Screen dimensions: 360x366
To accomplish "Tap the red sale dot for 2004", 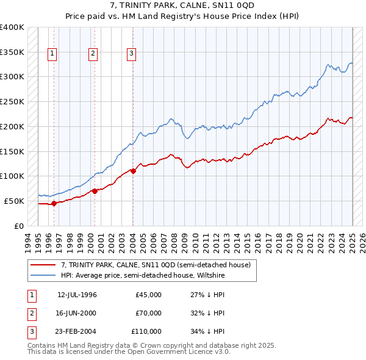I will (133, 171).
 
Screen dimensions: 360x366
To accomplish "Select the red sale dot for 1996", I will (54, 203).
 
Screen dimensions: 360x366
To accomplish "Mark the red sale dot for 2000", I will (95, 191).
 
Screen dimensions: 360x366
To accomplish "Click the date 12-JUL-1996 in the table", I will (77, 295).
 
